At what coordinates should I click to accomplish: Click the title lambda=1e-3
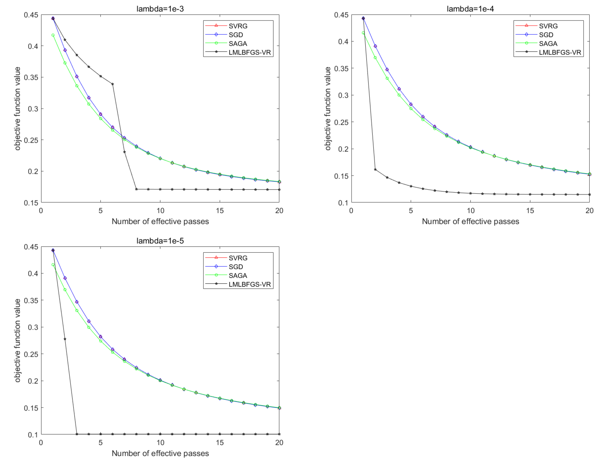(x=160, y=9)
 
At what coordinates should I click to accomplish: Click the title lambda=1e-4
(x=470, y=9)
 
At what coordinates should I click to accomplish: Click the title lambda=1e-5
(x=160, y=241)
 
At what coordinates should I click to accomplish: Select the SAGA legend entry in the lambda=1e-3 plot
(x=238, y=43)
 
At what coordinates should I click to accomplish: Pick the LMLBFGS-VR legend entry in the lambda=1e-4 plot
(x=560, y=52)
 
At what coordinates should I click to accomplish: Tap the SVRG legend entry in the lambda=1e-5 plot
(x=238, y=258)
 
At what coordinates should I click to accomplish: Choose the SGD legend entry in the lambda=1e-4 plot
(x=546, y=35)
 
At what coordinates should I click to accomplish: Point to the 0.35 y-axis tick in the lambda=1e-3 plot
(x=31, y=77)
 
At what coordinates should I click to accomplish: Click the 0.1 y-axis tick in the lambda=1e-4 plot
(x=343, y=203)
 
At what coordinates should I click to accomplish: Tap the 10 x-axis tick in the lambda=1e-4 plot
(x=470, y=211)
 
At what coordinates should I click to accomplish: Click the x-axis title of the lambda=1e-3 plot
(x=160, y=221)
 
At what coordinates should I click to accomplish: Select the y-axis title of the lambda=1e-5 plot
(x=18, y=340)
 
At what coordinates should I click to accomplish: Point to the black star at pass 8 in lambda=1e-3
(x=136, y=189)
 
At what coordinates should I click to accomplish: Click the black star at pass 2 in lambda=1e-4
(x=375, y=170)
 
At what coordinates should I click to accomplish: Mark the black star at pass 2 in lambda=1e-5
(x=65, y=339)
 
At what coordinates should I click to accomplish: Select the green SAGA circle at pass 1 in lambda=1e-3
(x=53, y=35)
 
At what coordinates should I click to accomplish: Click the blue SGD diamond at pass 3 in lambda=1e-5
(x=77, y=302)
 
